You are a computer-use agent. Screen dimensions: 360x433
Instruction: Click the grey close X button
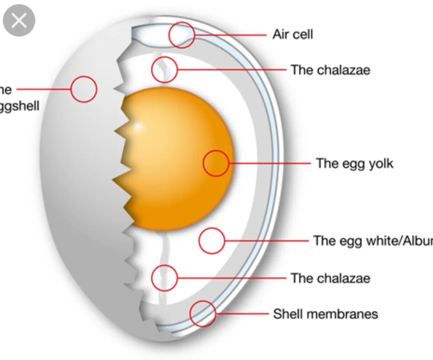click(19, 20)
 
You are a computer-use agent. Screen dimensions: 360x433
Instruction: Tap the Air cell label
click(292, 34)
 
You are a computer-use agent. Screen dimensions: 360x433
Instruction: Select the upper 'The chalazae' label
click(330, 70)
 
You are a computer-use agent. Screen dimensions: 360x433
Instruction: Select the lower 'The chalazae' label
click(330, 278)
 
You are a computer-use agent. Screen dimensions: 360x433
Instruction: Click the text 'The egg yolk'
click(354, 163)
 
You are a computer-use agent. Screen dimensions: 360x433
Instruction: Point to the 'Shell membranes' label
click(325, 314)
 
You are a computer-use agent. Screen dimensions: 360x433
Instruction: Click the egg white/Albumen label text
click(372, 241)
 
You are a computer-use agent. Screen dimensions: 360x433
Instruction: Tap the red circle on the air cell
click(182, 35)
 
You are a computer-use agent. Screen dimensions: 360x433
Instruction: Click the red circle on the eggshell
click(83, 89)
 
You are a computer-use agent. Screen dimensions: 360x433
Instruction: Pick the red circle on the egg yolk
click(216, 163)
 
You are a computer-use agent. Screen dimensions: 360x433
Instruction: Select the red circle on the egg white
click(212, 241)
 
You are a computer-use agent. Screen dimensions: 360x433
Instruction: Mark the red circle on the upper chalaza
click(165, 69)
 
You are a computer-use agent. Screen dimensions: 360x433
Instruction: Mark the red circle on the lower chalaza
click(164, 278)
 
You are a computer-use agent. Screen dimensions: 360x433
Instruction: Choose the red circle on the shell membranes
click(203, 314)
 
